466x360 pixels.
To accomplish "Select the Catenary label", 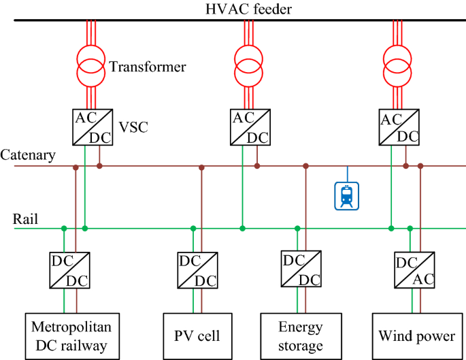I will point(28,155).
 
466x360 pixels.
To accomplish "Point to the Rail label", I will point(26,219).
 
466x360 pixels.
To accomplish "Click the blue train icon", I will point(348,195).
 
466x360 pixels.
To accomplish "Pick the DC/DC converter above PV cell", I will point(197,270).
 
